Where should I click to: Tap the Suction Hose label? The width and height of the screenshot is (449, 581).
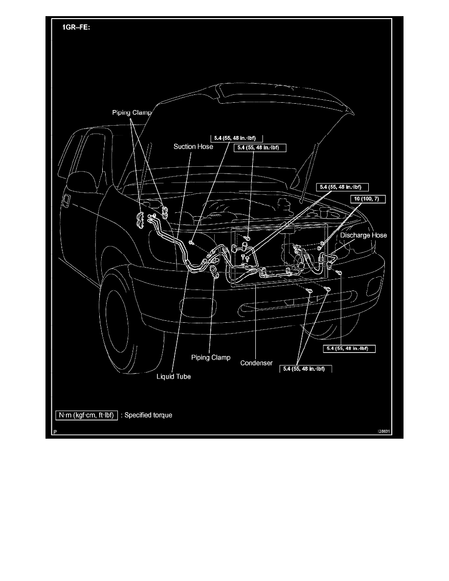(193, 146)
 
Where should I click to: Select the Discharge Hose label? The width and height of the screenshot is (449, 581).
(363, 235)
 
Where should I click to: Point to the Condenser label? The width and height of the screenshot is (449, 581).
(256, 363)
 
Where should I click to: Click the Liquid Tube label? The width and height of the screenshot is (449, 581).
(174, 377)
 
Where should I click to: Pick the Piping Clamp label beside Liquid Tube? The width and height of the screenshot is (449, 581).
(211, 358)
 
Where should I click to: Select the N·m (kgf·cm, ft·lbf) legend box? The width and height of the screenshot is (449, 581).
(86, 416)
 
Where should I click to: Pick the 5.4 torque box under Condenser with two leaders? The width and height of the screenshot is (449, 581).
(305, 369)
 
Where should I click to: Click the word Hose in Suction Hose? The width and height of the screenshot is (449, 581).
(205, 146)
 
